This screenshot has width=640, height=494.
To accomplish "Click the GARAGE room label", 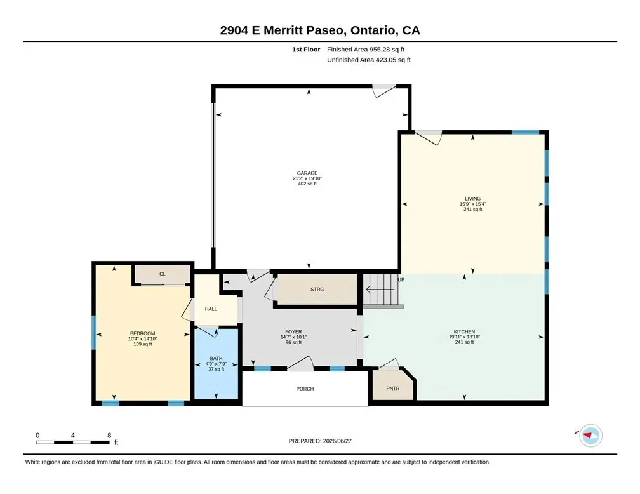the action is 307,173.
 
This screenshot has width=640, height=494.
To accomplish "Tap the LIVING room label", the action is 472,199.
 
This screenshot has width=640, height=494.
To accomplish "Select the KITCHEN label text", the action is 465,332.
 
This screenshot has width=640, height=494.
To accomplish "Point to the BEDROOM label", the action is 142,333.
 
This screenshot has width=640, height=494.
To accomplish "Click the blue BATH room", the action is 216,363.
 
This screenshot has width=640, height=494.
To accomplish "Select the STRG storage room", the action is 317,290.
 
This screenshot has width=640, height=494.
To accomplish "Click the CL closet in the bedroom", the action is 163,274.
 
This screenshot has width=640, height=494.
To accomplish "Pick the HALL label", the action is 211,309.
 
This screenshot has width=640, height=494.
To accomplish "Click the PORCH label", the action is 305,389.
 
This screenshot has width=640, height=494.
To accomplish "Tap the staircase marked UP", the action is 380,290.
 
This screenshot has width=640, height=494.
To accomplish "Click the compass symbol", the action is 591,435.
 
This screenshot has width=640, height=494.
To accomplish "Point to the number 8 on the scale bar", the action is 109,435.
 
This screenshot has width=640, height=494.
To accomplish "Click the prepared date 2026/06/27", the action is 337,441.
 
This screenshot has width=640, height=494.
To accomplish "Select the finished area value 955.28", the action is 380,50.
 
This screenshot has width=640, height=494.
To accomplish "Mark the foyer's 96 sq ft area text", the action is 293,342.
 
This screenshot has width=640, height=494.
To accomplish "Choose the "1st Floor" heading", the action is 306,50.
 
